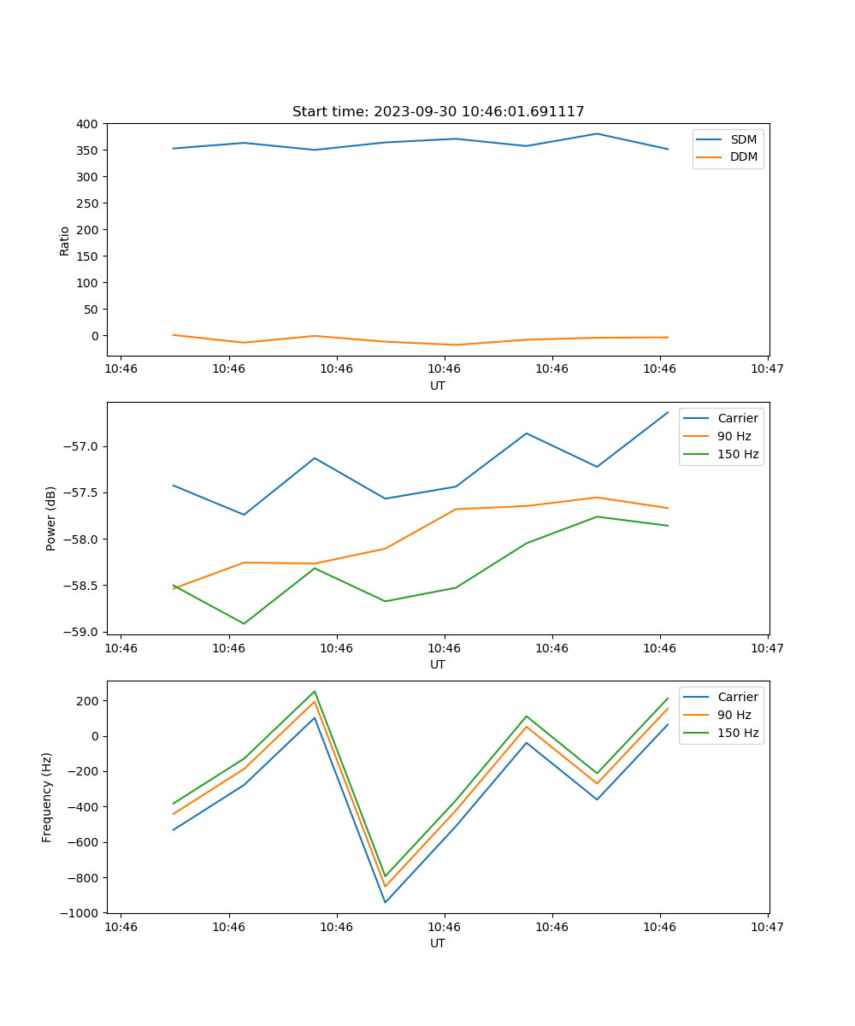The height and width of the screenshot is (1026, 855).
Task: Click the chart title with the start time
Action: pos(438,112)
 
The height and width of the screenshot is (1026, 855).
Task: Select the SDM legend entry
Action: pos(743,139)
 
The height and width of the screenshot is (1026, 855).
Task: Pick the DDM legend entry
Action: pos(743,156)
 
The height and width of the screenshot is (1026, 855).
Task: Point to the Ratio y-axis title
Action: pos(65,240)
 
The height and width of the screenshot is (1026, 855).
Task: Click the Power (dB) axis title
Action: pos(51,518)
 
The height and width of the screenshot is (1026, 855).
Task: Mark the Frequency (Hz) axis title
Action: pos(47,797)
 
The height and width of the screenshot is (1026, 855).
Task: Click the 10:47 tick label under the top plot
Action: pos(767,369)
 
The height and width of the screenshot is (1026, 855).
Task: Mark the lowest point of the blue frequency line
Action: pos(385,902)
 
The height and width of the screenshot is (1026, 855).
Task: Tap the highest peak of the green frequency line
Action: pos(315,692)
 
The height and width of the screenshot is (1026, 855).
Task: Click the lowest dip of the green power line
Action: pos(244,623)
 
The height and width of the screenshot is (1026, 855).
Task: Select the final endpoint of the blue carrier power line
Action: pos(668,412)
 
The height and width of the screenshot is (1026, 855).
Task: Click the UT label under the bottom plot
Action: pos(438,944)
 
